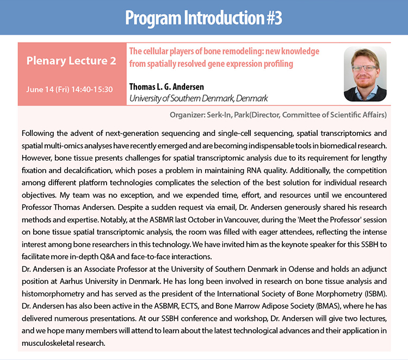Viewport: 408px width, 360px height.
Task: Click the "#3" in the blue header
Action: pos(275,18)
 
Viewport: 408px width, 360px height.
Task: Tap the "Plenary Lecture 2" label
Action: pos(71,60)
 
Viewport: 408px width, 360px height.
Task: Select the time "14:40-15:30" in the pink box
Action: pos(92,90)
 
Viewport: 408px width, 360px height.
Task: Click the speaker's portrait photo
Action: pos(365,74)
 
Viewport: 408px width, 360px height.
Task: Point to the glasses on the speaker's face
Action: pos(364,68)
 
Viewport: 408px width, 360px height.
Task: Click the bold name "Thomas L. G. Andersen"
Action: pos(166,86)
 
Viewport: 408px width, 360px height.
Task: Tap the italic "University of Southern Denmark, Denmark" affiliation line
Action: pos(199,98)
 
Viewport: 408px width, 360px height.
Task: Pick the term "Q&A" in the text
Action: pos(107,257)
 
